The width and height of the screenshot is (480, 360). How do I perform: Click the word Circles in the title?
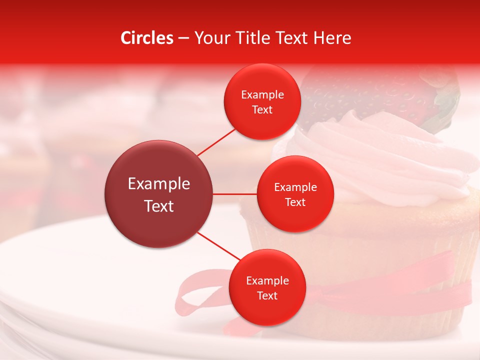(147, 38)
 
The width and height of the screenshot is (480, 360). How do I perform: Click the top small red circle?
(262, 102)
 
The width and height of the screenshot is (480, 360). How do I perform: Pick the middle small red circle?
(295, 194)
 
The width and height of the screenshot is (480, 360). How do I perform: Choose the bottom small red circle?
(267, 287)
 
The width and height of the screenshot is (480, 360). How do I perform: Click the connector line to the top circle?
(216, 141)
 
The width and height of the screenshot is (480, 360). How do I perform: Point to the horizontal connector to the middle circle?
(234, 194)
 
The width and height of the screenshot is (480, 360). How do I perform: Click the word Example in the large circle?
(159, 184)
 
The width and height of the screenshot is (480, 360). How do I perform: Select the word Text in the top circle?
(262, 110)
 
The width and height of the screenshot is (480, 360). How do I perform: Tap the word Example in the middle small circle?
(295, 187)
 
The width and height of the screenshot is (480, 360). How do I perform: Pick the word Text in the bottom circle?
(267, 295)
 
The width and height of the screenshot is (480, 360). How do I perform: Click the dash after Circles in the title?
(183, 38)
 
